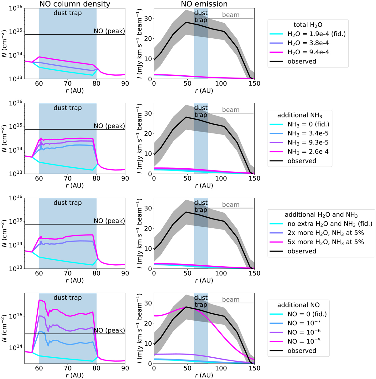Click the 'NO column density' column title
click(75, 4)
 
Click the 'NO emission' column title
click(204, 4)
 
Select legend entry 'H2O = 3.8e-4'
click(308, 43)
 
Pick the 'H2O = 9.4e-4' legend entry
click(308, 52)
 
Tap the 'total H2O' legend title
click(308, 25)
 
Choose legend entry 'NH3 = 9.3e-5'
click(308, 143)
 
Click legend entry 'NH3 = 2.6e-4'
click(308, 152)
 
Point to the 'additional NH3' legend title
click(300, 115)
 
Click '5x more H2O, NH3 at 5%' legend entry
click(326, 242)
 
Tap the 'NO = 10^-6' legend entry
click(304, 332)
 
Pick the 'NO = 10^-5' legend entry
click(304, 341)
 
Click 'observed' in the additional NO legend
click(302, 351)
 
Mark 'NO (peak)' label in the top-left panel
click(109, 31)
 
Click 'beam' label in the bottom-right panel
click(231, 300)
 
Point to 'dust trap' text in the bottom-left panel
click(68, 298)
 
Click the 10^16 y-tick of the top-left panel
click(16, 8)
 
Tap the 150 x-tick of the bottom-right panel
click(254, 368)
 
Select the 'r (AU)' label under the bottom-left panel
click(75, 375)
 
